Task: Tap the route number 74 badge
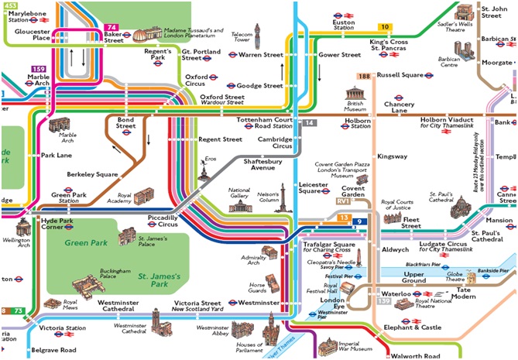(x=111, y=26)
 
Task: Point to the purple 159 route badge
(x=37, y=68)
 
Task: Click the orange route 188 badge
(x=364, y=75)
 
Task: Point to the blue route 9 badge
(x=358, y=222)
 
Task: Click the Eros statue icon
(x=206, y=169)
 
